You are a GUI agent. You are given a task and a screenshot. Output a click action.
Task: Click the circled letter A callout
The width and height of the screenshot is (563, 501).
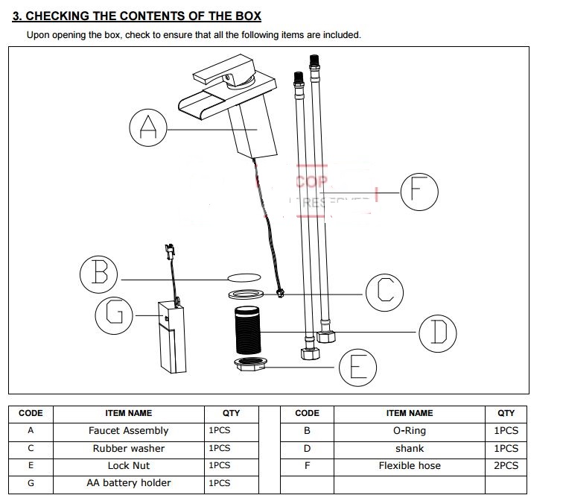148,128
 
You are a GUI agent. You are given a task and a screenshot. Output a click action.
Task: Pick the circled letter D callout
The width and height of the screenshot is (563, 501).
437,333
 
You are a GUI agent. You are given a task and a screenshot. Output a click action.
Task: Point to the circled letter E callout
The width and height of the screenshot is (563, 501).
358,368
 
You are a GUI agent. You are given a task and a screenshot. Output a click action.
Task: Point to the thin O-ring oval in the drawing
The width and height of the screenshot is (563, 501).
244,276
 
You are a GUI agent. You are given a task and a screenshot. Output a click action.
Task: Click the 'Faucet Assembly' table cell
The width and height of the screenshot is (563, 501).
128,431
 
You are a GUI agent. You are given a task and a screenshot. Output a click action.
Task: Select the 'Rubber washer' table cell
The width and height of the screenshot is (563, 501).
128,448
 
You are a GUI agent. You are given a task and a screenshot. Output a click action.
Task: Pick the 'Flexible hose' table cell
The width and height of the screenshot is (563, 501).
409,466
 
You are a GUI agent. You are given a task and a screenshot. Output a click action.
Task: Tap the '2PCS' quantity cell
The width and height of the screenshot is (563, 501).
506,466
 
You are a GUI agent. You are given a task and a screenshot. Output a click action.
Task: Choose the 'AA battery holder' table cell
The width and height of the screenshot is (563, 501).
128,483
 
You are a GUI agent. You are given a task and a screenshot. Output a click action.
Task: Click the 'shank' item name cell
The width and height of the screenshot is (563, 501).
409,448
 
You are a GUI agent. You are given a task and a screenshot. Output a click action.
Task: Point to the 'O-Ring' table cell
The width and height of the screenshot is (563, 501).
409,431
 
